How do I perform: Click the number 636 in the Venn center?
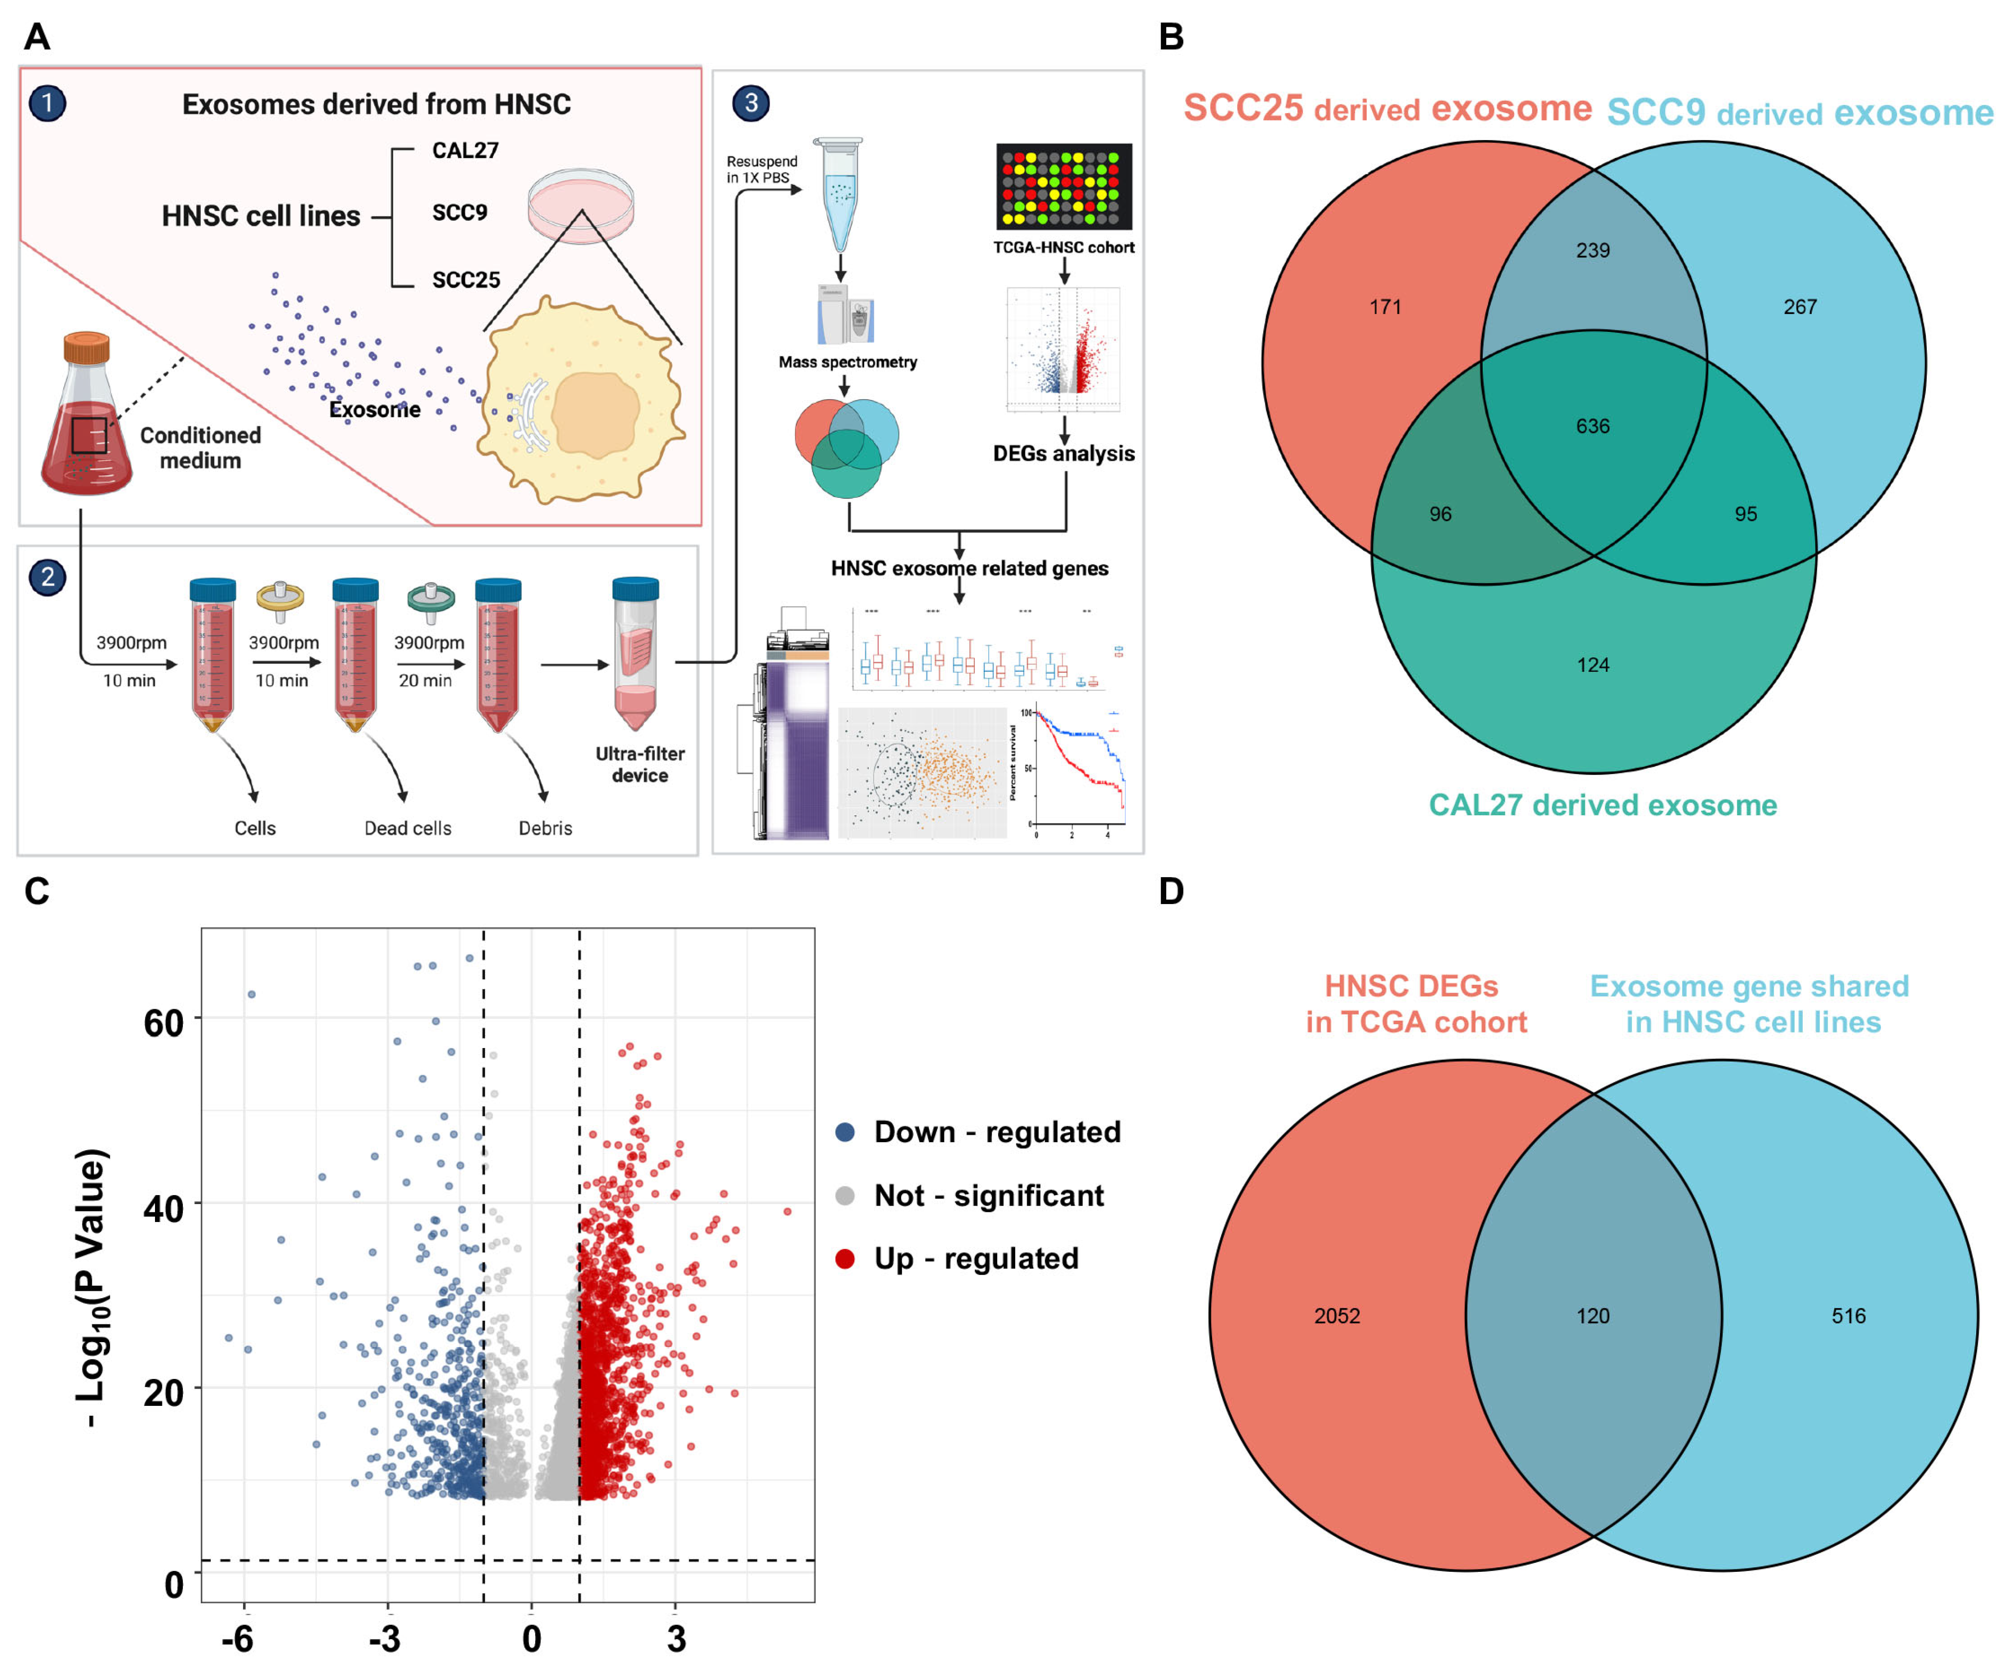click(1592, 427)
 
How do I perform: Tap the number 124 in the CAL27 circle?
click(1592, 665)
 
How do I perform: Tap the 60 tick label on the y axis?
click(163, 1023)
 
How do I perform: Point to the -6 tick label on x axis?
click(237, 1640)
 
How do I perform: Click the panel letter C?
click(36, 891)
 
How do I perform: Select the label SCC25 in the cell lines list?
click(465, 280)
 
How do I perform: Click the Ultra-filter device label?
click(640, 764)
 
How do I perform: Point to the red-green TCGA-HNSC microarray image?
click(1064, 187)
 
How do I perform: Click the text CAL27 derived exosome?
click(1602, 805)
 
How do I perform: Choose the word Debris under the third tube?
click(545, 828)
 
